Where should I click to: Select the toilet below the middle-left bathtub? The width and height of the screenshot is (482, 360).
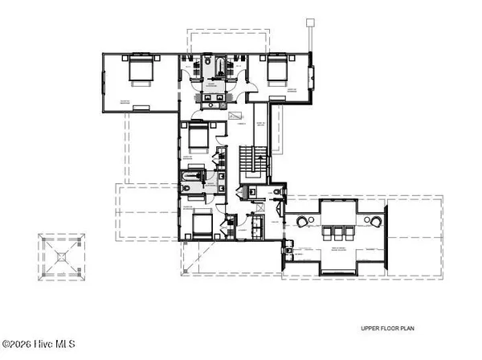(x=186, y=188)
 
